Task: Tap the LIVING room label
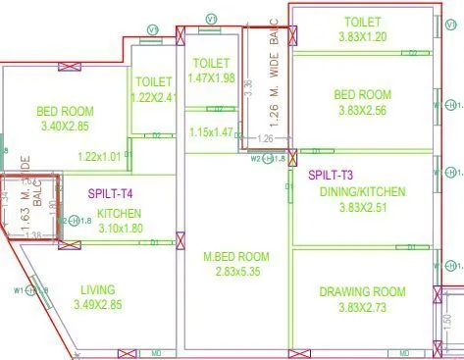98,289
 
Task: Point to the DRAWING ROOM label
362,291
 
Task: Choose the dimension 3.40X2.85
65,127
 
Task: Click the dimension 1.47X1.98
212,77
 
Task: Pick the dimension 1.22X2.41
154,97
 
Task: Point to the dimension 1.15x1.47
211,132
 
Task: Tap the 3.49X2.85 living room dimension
98,305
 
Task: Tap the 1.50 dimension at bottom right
446,321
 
